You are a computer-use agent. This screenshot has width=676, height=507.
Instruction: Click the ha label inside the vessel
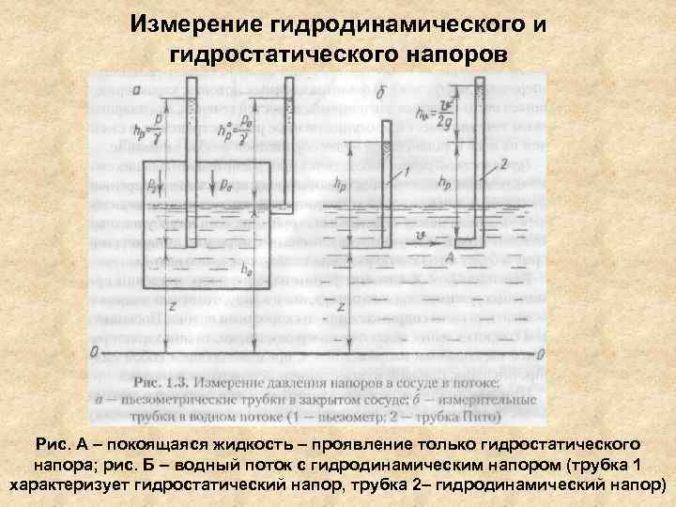click(247, 269)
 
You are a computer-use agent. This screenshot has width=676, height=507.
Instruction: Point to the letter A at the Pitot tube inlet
click(451, 255)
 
